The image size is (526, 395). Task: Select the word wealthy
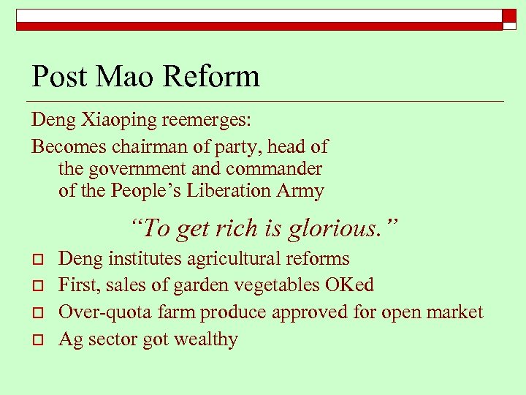(207, 339)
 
